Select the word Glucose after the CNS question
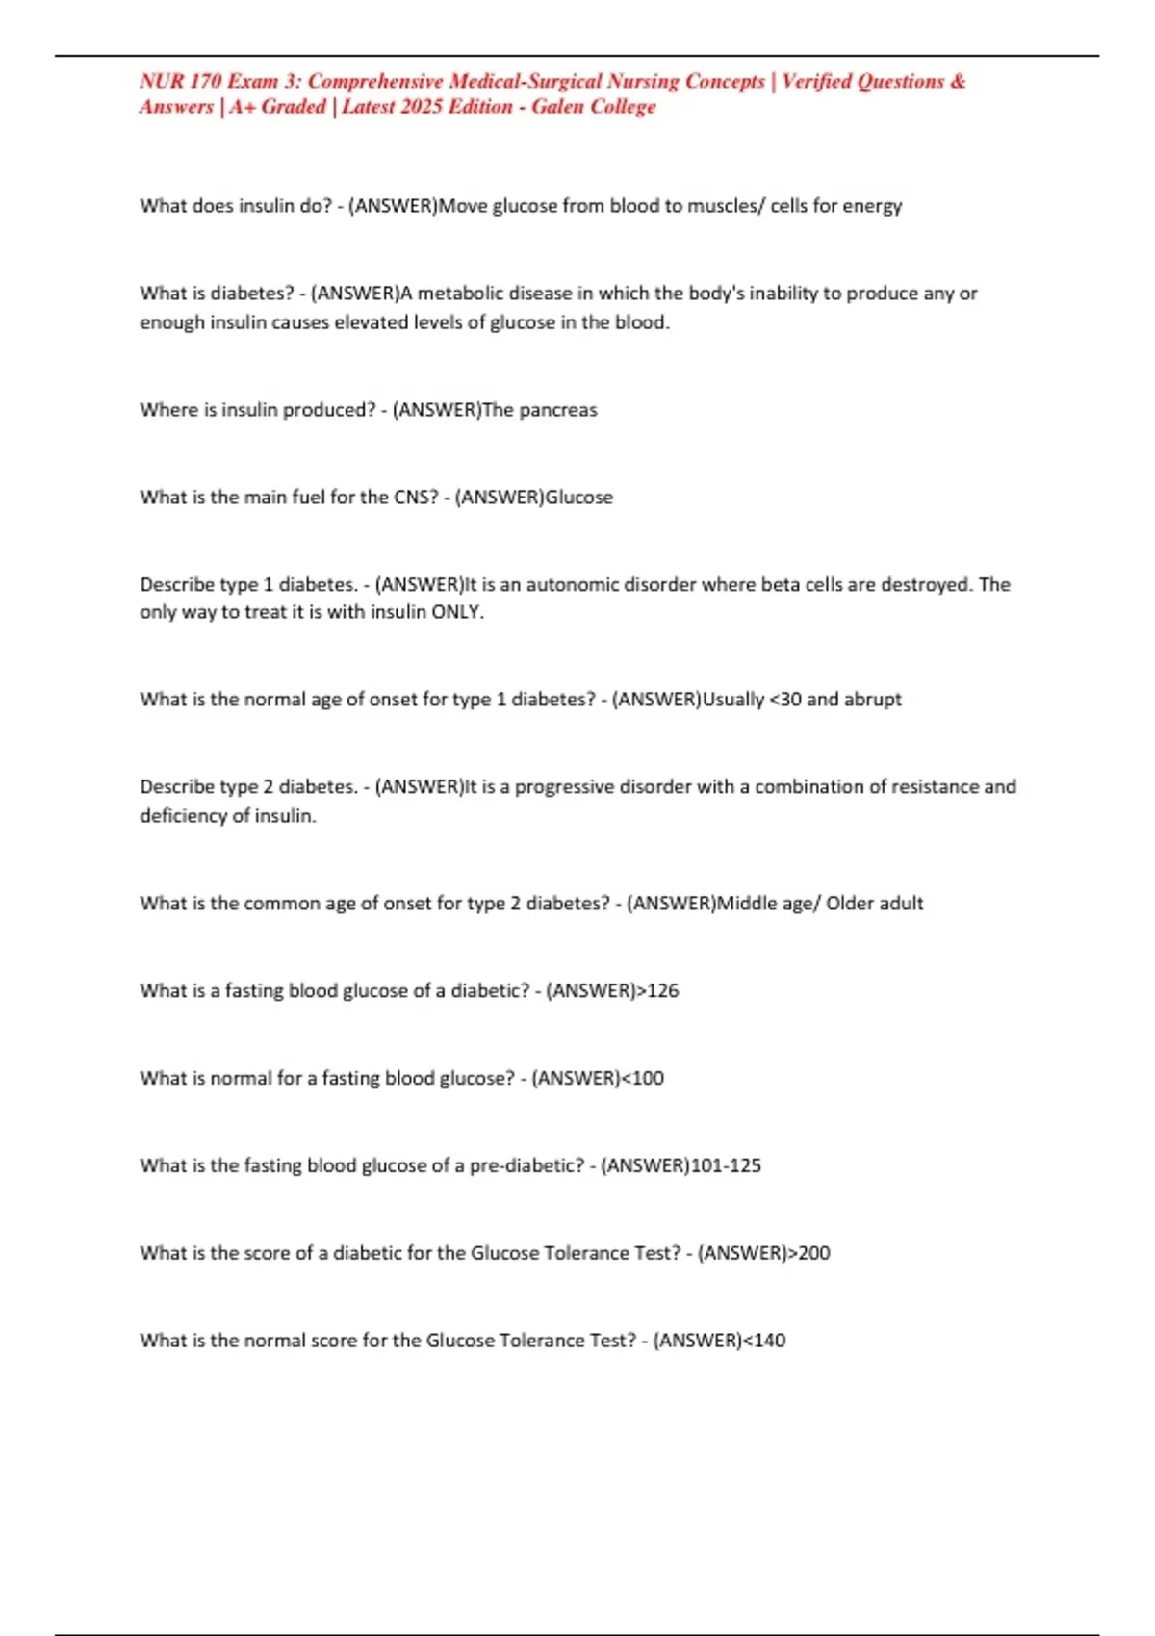[579, 498]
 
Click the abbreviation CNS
[416, 498]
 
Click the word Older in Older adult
[850, 904]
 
